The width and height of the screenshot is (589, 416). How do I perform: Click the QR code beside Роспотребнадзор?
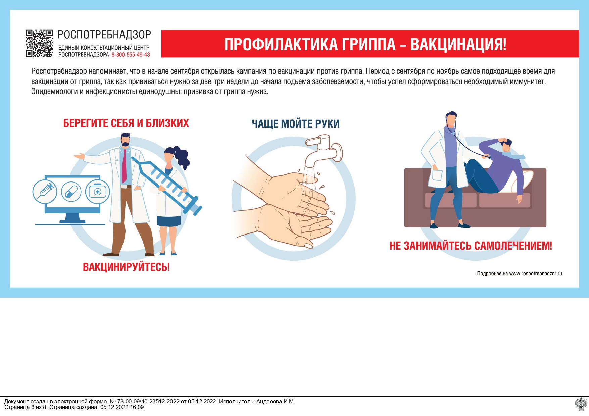pos(39,43)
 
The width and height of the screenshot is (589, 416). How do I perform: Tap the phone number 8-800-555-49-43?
pos(131,55)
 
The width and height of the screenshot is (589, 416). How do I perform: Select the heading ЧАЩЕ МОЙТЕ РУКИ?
pos(295,124)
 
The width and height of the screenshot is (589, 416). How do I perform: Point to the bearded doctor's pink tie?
pos(124,166)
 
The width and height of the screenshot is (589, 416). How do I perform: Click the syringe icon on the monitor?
pos(45,192)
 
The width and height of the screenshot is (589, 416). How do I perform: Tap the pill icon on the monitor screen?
pos(71,192)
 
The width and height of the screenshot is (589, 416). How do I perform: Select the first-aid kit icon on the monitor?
pos(97,192)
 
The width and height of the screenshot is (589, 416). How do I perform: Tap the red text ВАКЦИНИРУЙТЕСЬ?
pos(126,267)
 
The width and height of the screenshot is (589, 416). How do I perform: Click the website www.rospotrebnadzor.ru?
pos(535,274)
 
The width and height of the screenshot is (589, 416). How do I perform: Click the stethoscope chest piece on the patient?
pos(489,157)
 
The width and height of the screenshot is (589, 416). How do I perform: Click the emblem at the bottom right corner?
pos(581,404)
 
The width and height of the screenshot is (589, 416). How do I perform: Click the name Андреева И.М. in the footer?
pos(275,401)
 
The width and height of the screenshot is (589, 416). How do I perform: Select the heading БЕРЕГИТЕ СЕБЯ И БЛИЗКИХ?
pos(126,123)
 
